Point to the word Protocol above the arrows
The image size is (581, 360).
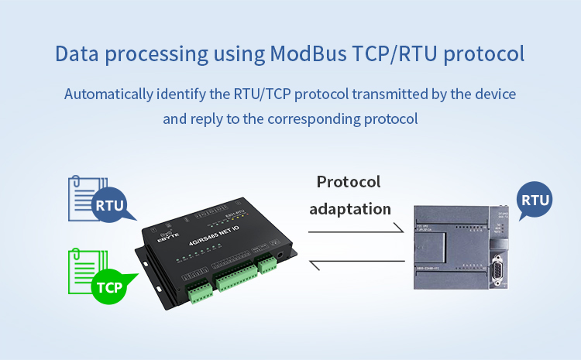click(x=349, y=182)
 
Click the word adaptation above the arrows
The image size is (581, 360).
click(x=350, y=209)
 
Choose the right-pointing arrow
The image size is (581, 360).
click(x=356, y=229)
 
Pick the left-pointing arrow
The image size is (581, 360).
click(x=356, y=266)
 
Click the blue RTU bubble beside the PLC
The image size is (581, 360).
click(x=535, y=201)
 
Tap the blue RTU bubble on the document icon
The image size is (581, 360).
click(x=109, y=206)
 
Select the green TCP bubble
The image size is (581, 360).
click(x=109, y=287)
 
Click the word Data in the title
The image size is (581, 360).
click(x=75, y=55)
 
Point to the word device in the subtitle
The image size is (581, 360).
click(x=495, y=94)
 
